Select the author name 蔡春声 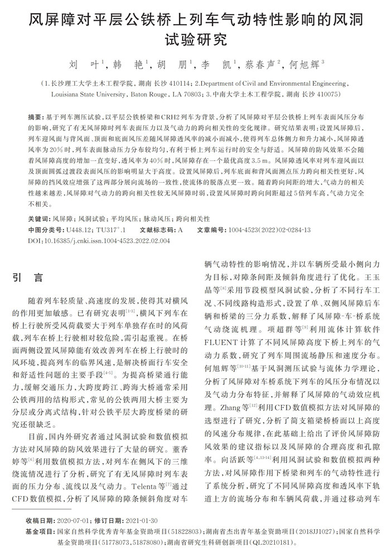click(x=259, y=65)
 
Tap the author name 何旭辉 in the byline click(x=304, y=65)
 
